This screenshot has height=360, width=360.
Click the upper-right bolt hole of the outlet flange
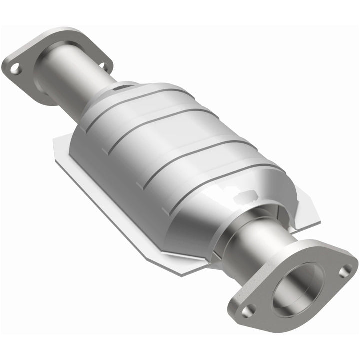343,271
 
